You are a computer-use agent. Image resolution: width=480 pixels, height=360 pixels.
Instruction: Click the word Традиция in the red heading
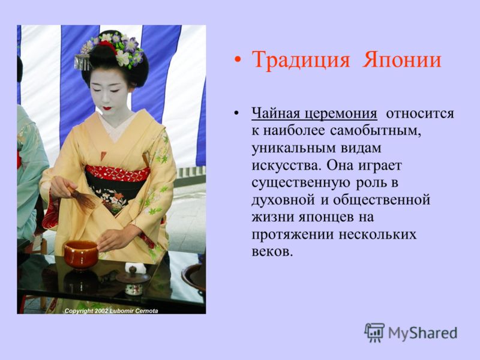tap(301, 60)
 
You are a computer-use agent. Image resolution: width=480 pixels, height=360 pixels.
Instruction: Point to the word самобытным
tap(374, 131)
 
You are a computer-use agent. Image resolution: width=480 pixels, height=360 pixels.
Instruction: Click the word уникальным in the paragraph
tap(293, 148)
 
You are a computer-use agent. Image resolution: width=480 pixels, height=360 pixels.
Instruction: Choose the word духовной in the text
tap(283, 200)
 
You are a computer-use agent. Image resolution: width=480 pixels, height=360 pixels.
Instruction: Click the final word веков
tap(271, 252)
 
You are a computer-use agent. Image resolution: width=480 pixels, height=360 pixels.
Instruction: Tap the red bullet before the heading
tap(237, 60)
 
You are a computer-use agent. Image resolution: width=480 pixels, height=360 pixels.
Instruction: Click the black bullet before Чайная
tap(236, 113)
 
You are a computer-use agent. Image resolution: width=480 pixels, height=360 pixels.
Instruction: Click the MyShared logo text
tap(422, 334)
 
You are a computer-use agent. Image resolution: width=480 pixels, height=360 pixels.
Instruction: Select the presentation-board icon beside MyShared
tap(374, 332)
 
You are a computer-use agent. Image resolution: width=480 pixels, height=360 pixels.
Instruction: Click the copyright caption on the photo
tap(111, 311)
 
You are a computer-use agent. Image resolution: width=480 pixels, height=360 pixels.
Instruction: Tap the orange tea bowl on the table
tap(81, 254)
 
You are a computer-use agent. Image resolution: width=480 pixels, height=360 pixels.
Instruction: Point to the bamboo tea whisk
tap(84, 199)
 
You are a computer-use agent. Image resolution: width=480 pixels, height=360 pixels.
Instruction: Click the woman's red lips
tap(107, 109)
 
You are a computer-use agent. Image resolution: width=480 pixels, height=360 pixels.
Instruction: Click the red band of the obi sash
tap(117, 173)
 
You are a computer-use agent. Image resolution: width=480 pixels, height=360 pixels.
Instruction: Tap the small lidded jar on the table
tap(133, 281)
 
